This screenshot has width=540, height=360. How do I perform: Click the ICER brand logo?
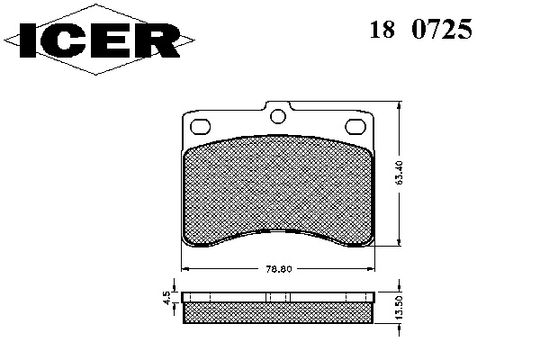[x=99, y=40]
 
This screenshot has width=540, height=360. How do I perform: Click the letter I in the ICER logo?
[x=28, y=40]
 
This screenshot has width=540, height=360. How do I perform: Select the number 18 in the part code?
[x=382, y=30]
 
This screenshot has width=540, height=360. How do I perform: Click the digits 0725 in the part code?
[x=442, y=30]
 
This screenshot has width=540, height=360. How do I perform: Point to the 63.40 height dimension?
[x=400, y=174]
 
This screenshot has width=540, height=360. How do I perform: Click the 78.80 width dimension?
[x=279, y=269]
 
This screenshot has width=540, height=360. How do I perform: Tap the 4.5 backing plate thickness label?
[x=166, y=297]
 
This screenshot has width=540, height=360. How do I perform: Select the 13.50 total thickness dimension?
[x=399, y=307]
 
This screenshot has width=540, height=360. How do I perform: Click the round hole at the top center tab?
[x=278, y=116]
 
